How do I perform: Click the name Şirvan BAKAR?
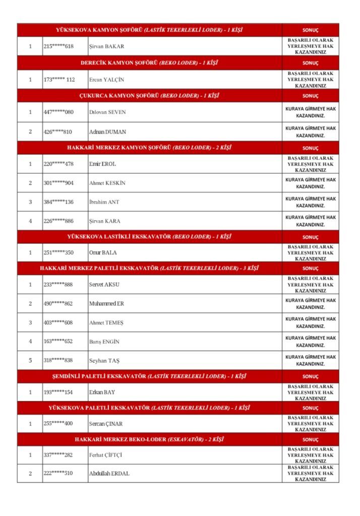tap(106, 46)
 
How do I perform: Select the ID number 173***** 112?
tap(59, 80)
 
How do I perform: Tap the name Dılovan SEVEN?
tap(107, 112)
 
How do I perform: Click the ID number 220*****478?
tap(58, 164)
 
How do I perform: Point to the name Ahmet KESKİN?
tap(107, 183)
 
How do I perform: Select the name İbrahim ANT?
tap(104, 202)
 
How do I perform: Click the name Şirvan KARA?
tap(104, 221)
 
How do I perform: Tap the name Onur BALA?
tap(102, 252)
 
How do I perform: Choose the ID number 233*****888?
tap(58, 285)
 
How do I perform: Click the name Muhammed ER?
tap(106, 303)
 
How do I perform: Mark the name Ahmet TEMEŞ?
tap(106, 322)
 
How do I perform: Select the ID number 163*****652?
tap(58, 341)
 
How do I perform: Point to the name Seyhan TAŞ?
tap(104, 361)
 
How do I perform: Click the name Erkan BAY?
tap(102, 392)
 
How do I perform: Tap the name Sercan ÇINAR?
tap(105, 424)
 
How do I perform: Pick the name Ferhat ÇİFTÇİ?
tap(105, 455)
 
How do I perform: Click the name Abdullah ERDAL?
tap(108, 474)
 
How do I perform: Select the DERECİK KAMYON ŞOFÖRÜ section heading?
tap(149, 63)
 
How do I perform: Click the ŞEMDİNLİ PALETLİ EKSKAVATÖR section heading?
tap(149, 376)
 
